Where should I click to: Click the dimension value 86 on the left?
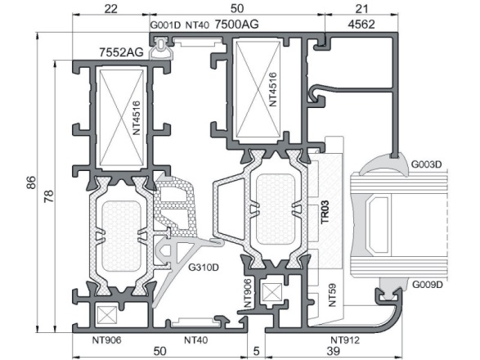(x=32, y=182)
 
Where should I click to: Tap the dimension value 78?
(x=49, y=196)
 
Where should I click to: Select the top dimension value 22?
(x=110, y=8)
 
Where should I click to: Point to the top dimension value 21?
(x=361, y=8)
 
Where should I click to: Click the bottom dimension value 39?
(x=333, y=351)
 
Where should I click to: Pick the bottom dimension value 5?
(x=256, y=351)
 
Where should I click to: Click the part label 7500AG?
(x=236, y=24)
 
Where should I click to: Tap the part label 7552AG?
(x=121, y=52)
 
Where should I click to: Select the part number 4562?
(x=361, y=25)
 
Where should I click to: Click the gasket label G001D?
(x=166, y=25)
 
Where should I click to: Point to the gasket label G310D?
(x=204, y=268)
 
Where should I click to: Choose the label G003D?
(x=426, y=164)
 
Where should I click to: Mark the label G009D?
(x=428, y=285)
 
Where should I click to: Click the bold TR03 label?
(x=325, y=212)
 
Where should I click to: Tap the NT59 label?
(x=332, y=295)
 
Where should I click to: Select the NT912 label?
(x=345, y=340)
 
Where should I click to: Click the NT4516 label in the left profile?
(x=137, y=118)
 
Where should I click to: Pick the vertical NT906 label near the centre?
(x=248, y=293)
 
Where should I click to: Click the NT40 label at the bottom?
(x=196, y=340)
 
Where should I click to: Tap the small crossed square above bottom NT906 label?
(x=107, y=315)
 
